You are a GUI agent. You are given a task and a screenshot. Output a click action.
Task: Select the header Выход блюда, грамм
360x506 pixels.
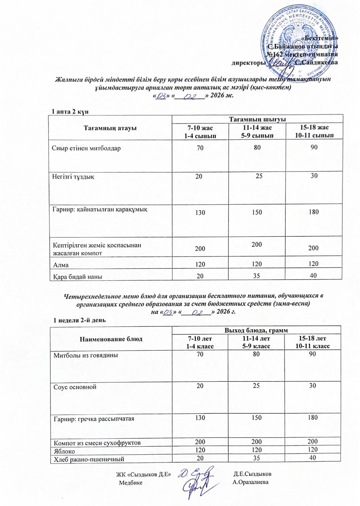(x=256, y=330)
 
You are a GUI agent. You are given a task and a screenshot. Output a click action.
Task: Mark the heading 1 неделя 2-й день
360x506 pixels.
(x=76, y=320)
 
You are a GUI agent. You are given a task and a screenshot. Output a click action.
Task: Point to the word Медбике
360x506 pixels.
(x=130, y=482)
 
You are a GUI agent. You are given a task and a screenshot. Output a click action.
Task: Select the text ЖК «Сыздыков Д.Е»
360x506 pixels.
(x=143, y=474)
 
